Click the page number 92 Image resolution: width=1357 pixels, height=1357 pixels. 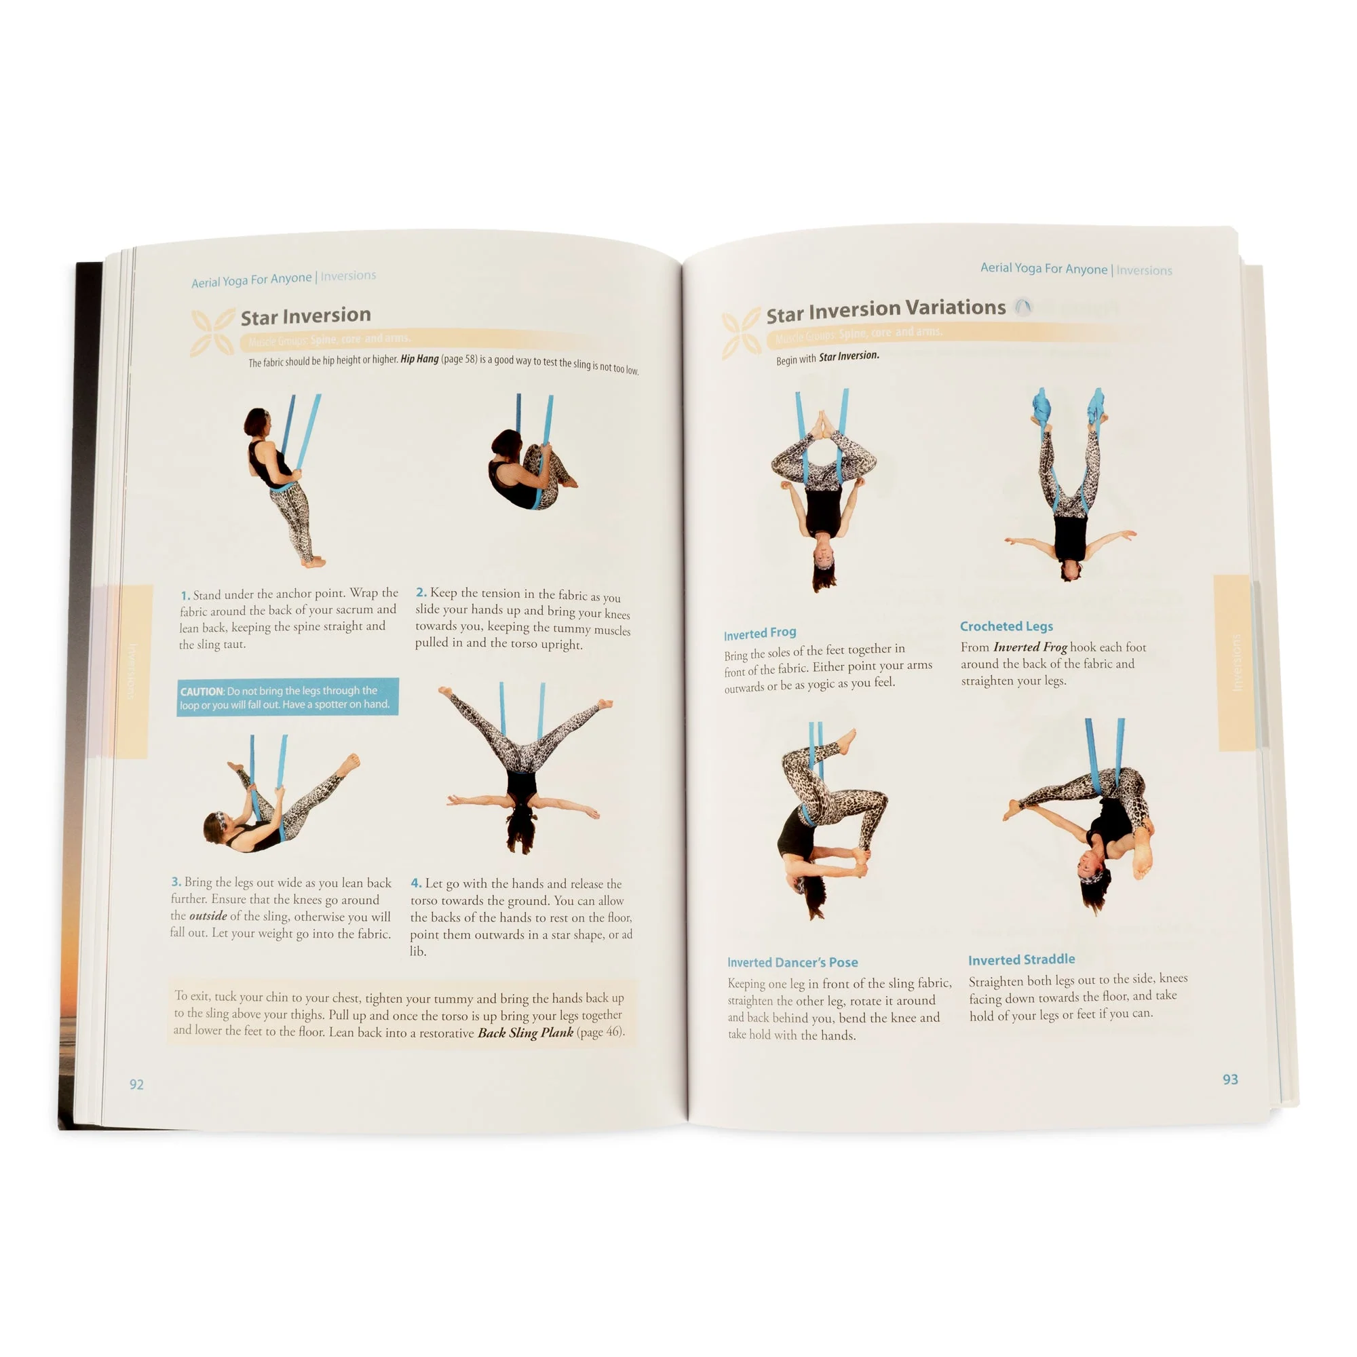136,1084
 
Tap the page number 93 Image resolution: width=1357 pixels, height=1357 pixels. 1230,1079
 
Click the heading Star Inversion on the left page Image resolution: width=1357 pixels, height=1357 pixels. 305,316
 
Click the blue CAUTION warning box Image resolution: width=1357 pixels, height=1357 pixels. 287,697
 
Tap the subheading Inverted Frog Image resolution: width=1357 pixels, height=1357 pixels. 759,633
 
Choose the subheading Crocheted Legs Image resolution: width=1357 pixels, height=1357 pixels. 1006,626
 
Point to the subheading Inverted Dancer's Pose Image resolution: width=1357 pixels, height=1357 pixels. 792,962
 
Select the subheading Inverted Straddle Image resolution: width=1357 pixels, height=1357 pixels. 1020,959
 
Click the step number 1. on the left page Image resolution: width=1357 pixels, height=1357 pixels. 185,595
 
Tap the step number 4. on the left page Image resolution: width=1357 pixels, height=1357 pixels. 416,883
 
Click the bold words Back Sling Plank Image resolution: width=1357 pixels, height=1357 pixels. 524,1033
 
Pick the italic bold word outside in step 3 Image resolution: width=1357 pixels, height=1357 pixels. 208,916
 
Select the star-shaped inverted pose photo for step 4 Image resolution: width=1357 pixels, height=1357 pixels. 524,769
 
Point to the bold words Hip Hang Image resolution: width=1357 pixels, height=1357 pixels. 419,359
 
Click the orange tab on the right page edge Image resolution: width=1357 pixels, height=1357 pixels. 1236,662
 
